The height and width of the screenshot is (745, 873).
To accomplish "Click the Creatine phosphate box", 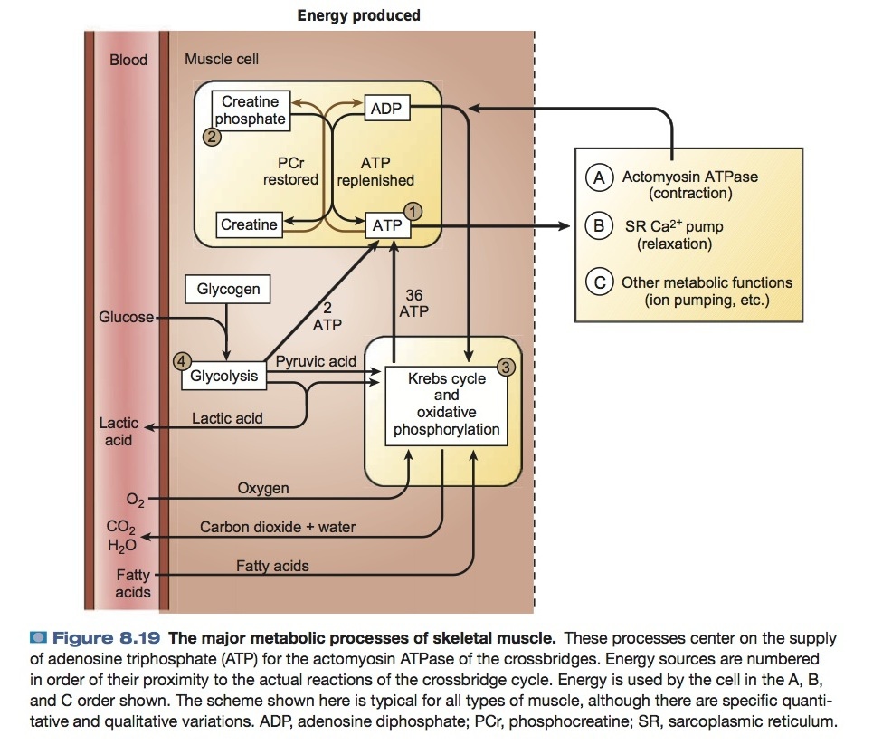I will [x=251, y=110].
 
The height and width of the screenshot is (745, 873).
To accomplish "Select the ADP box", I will [x=386, y=110].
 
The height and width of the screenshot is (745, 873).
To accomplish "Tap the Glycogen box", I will [x=228, y=290].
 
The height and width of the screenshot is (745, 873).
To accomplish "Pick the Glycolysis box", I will [x=223, y=376].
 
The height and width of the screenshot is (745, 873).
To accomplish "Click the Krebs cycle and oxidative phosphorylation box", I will [x=446, y=405].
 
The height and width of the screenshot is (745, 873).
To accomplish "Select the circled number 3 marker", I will [x=506, y=367].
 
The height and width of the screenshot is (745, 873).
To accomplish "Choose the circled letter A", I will [x=598, y=177].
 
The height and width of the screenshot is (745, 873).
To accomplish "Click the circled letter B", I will [x=598, y=226].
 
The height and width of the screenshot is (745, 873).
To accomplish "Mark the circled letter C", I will [x=598, y=282].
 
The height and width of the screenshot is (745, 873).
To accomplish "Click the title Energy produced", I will [x=359, y=15].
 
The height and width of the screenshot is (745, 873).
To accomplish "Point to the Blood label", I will [x=128, y=60].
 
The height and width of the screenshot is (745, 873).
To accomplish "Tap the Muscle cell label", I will [x=222, y=60].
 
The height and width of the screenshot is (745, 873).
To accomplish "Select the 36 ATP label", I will [x=413, y=303].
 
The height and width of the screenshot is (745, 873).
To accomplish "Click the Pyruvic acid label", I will [x=316, y=362].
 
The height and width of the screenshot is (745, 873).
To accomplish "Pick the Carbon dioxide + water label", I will [x=278, y=527].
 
